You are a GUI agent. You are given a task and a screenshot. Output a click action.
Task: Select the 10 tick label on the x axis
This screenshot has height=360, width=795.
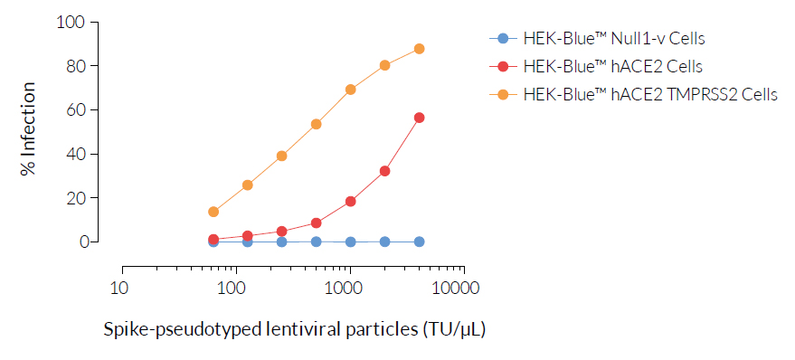(x=118, y=289)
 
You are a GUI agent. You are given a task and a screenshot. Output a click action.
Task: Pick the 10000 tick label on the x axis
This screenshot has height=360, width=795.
(x=462, y=289)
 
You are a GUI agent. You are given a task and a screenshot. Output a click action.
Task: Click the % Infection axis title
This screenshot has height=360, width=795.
(x=30, y=130)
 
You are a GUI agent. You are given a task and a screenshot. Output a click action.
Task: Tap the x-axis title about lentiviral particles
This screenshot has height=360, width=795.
(x=294, y=329)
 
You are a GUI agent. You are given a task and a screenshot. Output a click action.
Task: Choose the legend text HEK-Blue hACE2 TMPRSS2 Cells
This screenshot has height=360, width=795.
(x=649, y=94)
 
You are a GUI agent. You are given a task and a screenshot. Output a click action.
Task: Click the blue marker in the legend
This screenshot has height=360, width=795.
(x=504, y=39)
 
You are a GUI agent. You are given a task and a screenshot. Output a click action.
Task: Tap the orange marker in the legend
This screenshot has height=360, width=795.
(x=504, y=94)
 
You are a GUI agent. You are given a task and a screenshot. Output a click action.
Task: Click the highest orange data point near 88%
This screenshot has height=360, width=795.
(x=419, y=49)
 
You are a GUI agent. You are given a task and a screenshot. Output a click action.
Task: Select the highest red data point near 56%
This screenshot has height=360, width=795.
(x=419, y=118)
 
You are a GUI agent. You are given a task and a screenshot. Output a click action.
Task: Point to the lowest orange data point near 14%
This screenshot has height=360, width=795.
(x=213, y=212)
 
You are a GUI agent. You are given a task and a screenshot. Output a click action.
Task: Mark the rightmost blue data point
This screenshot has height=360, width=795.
(x=419, y=242)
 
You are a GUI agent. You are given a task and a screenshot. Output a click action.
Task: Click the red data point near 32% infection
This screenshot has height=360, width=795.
(x=384, y=171)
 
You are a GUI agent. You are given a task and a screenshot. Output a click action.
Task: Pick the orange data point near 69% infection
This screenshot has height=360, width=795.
(x=350, y=90)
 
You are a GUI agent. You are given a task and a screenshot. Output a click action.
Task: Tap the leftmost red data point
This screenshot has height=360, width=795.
(x=213, y=240)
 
